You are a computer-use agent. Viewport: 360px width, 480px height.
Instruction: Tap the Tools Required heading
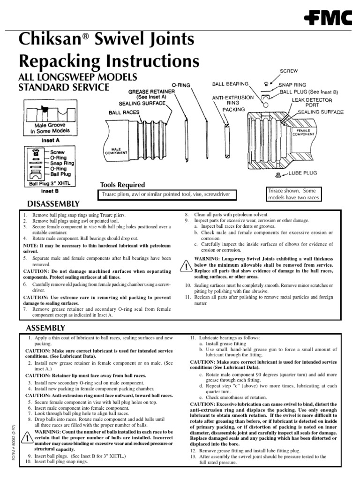coord(122,185)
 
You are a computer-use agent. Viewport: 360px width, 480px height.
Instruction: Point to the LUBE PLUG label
coord(303,173)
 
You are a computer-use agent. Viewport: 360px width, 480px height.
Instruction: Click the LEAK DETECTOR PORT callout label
coord(312,103)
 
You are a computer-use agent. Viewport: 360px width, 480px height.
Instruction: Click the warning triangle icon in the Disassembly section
coord(186,266)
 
